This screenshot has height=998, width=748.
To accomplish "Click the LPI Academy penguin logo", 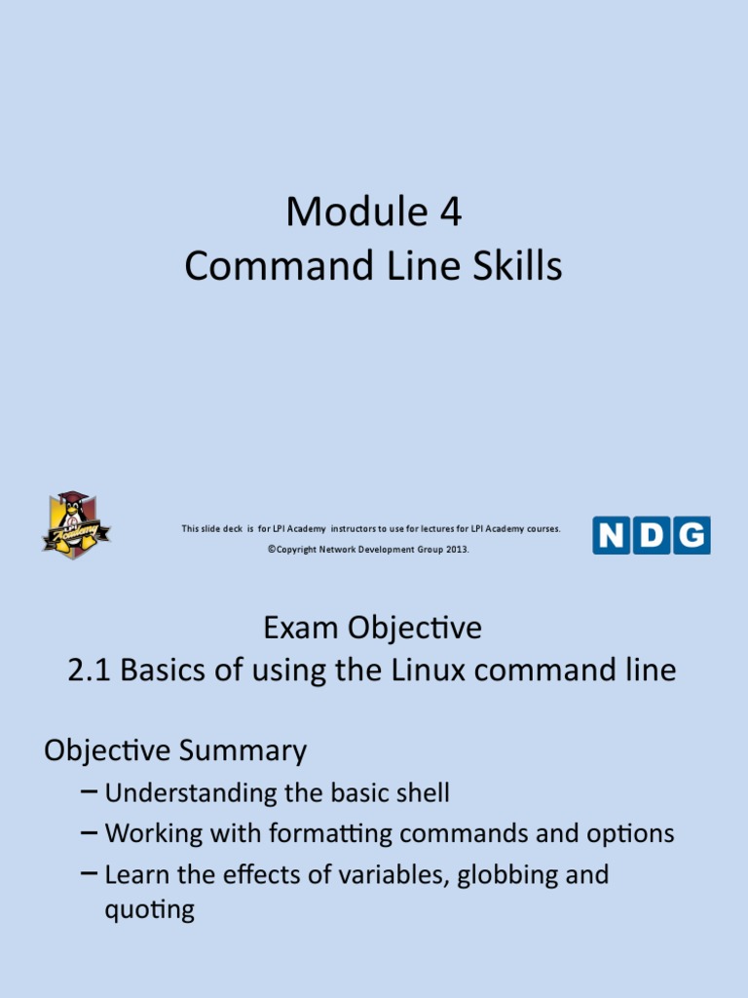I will pyautogui.click(x=76, y=524).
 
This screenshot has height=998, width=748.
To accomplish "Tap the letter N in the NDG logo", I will pyautogui.click(x=611, y=535).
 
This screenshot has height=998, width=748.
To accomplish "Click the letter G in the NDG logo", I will pyautogui.click(x=692, y=535).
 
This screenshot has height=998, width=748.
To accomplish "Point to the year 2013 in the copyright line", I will pyautogui.click(x=457, y=550).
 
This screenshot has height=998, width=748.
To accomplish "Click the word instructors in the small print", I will pyautogui.click(x=359, y=528).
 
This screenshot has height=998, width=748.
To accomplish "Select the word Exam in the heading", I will pyautogui.click(x=294, y=629).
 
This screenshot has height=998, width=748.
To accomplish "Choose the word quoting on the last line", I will pyautogui.click(x=149, y=910).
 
